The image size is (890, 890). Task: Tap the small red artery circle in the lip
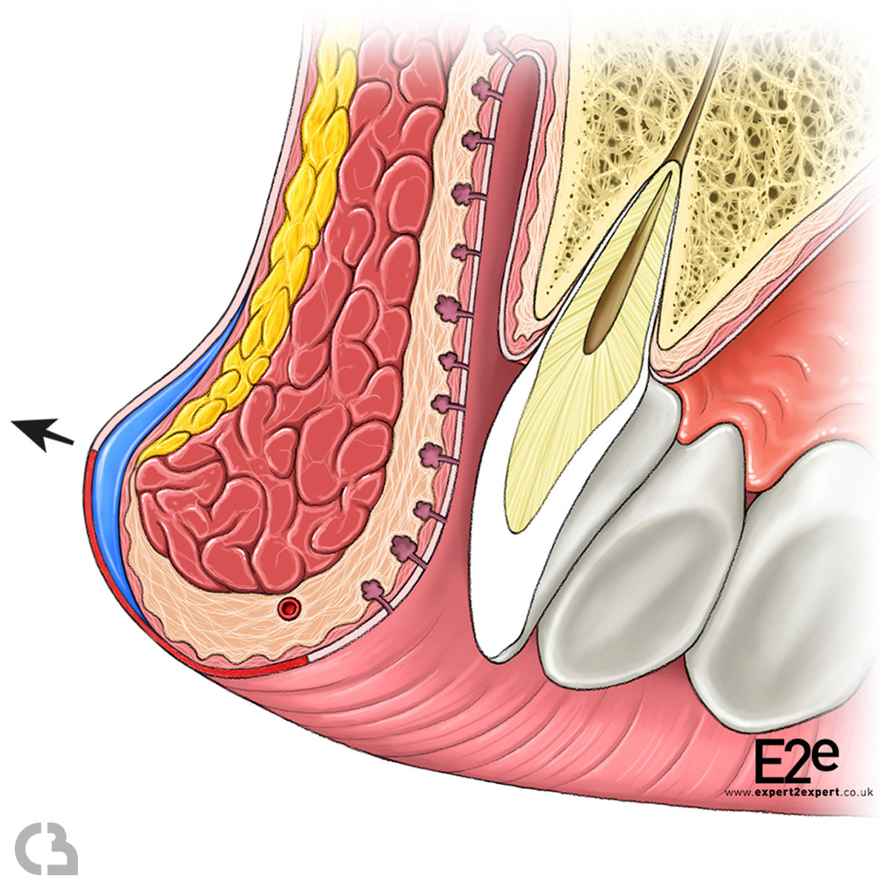[288, 609]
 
